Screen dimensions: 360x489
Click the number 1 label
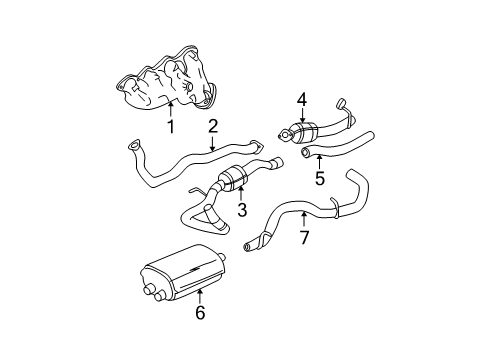[x=171, y=126]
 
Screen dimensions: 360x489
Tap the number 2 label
[x=212, y=126]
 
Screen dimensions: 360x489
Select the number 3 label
[x=241, y=209]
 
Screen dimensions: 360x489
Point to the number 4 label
[x=299, y=99]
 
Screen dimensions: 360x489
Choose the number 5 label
[x=319, y=181]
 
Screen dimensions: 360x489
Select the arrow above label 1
[x=171, y=109]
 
